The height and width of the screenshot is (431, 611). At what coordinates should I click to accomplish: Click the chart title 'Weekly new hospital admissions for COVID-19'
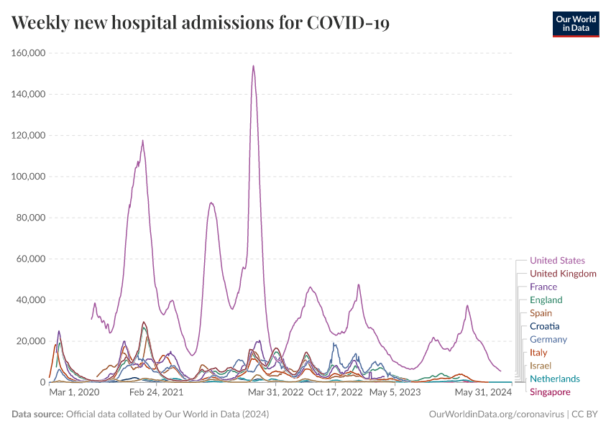(x=201, y=23)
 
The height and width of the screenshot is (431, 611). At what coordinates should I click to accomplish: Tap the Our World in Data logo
(x=575, y=23)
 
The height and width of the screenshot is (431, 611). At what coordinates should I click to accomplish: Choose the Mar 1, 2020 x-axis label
(x=75, y=393)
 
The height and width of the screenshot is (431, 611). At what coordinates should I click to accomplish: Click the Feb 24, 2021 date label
(x=156, y=393)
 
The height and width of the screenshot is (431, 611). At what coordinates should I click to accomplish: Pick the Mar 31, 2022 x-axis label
(x=276, y=393)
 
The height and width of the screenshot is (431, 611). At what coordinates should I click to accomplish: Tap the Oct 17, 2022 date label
(x=335, y=393)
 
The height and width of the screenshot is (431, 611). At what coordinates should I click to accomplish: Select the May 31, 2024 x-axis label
(x=483, y=393)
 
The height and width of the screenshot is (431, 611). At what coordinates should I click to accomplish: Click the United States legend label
(x=557, y=261)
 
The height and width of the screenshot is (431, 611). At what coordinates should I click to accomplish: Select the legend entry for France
(x=543, y=287)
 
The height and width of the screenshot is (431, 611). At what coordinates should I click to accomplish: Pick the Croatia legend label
(x=545, y=326)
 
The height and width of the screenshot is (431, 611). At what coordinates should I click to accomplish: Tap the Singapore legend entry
(x=550, y=391)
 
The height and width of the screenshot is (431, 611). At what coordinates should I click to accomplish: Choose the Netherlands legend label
(x=554, y=379)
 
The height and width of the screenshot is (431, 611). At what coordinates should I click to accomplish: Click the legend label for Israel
(x=541, y=366)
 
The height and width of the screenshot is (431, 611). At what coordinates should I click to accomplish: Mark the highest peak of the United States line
(x=254, y=66)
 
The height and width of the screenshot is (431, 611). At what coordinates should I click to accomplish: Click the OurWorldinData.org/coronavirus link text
(x=496, y=414)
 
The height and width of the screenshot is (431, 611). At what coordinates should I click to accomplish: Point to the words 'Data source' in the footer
(x=37, y=414)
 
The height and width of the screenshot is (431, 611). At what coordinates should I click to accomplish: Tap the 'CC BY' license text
(x=585, y=414)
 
